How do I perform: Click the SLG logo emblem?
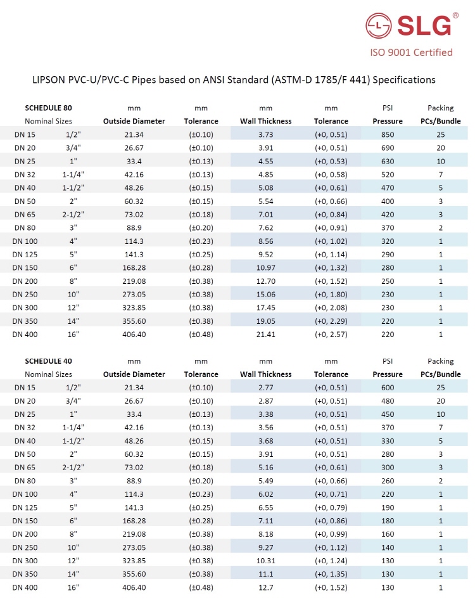pyautogui.click(x=379, y=26)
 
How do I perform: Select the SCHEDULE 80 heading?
pyautogui.click(x=48, y=108)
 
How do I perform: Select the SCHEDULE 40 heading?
pyautogui.click(x=48, y=361)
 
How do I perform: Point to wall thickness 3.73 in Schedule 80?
pyautogui.click(x=265, y=134)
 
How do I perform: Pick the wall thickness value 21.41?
pyautogui.click(x=265, y=334)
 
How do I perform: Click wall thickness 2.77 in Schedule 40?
pyautogui.click(x=265, y=388)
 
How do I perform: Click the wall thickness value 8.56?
pyautogui.click(x=265, y=241)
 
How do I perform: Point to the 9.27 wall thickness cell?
pyautogui.click(x=265, y=547)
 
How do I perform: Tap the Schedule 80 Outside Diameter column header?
pyautogui.click(x=134, y=121)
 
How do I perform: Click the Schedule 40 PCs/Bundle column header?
pyautogui.click(x=441, y=374)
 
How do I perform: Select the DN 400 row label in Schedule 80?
pyautogui.click(x=25, y=334)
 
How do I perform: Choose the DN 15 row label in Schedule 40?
pyautogui.click(x=25, y=388)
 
